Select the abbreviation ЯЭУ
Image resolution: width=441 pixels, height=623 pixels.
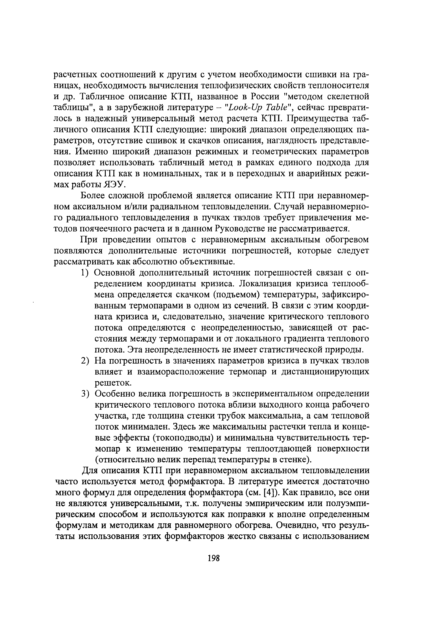click(114, 185)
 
